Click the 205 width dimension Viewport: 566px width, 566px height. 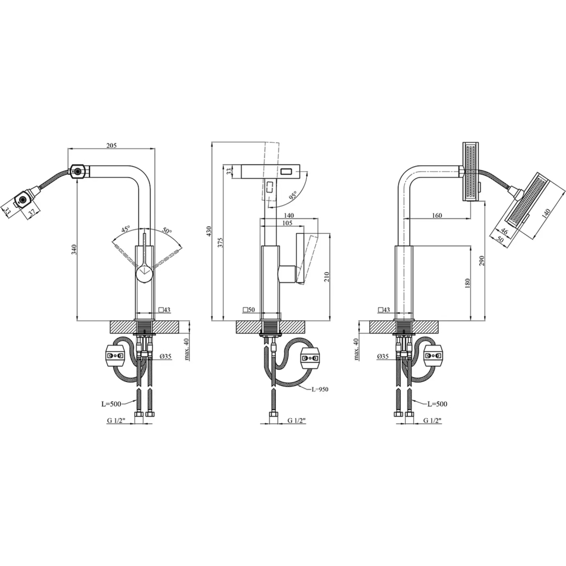click(112, 145)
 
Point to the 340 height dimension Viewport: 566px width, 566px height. click(74, 249)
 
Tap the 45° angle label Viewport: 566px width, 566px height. click(125, 229)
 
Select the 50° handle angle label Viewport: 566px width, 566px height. click(167, 230)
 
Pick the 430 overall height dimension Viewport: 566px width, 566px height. click(208, 232)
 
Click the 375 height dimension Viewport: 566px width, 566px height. click(221, 242)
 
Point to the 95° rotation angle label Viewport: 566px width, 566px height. click(292, 195)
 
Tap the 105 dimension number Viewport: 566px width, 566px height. click(287, 223)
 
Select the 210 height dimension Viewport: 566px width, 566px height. click(327, 277)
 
